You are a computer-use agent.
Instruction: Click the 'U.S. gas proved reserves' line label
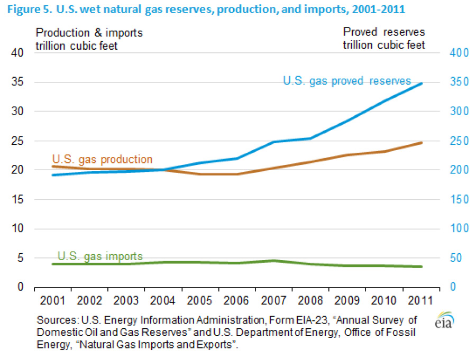(347, 81)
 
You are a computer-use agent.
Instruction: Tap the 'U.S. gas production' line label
(102, 159)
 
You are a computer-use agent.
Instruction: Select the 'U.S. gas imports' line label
(100, 256)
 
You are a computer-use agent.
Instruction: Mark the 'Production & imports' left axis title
(89, 33)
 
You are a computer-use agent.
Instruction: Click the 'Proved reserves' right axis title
(384, 33)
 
